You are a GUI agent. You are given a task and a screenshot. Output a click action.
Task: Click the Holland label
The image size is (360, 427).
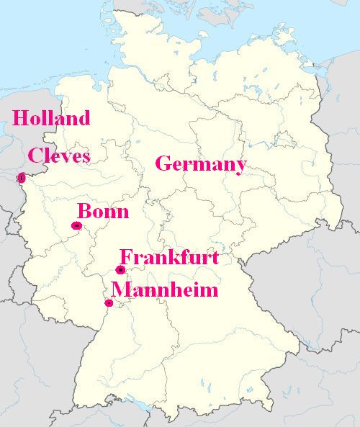(51, 118)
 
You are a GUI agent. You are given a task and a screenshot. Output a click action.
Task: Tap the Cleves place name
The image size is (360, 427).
(59, 156)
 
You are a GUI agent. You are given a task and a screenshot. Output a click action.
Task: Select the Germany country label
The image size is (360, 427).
(200, 164)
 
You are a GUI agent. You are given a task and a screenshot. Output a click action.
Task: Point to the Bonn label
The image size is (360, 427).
(103, 212)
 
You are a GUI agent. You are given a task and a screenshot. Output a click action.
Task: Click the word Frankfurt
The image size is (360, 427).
(168, 258)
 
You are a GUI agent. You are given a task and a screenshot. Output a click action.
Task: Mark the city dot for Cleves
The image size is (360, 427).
(22, 177)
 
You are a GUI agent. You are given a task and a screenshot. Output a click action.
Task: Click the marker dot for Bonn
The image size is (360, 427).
(76, 226)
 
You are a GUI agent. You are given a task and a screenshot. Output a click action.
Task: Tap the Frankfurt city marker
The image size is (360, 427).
(120, 270)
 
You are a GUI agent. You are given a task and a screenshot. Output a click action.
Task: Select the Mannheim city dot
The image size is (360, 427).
(109, 302)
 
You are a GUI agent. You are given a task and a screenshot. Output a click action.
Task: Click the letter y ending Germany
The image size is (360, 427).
(239, 166)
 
